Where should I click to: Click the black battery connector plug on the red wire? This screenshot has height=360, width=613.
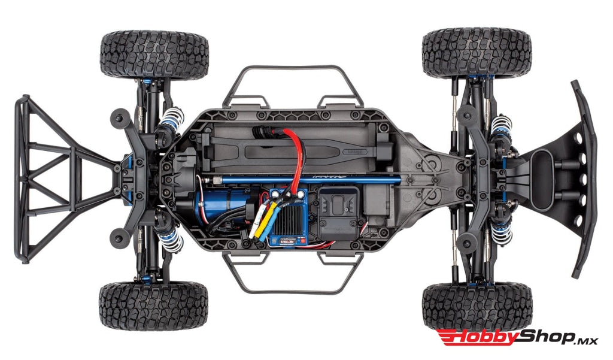pyautogui.click(x=264, y=135)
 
